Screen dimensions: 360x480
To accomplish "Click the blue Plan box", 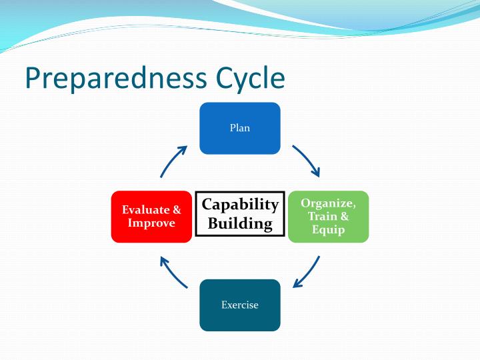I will pyautogui.click(x=240, y=128).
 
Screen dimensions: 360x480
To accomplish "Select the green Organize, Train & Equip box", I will pyautogui.click(x=328, y=217).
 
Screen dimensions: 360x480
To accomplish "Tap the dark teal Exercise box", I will pyautogui.click(x=240, y=305).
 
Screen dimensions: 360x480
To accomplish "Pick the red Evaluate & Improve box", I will pyautogui.click(x=151, y=217).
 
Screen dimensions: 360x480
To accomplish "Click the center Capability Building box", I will pyautogui.click(x=240, y=214).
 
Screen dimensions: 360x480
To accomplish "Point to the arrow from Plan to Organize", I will pyautogui.click(x=307, y=161).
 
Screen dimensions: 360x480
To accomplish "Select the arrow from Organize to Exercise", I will pyautogui.click(x=307, y=273).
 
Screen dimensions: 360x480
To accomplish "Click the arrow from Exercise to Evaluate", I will pyautogui.click(x=173, y=273).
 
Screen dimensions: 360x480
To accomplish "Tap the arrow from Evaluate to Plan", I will pyautogui.click(x=173, y=161).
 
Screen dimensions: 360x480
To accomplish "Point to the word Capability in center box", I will pyautogui.click(x=240, y=205).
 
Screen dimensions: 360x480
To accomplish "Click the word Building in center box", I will pyautogui.click(x=240, y=223).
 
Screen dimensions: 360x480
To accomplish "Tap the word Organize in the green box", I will pyautogui.click(x=328, y=203).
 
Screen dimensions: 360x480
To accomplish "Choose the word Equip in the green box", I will pyautogui.click(x=328, y=230).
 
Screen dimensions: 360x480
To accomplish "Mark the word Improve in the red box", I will pyautogui.click(x=151, y=223).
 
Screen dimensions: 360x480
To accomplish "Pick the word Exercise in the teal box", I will pyautogui.click(x=240, y=305).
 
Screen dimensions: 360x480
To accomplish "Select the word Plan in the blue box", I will pyautogui.click(x=240, y=128).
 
